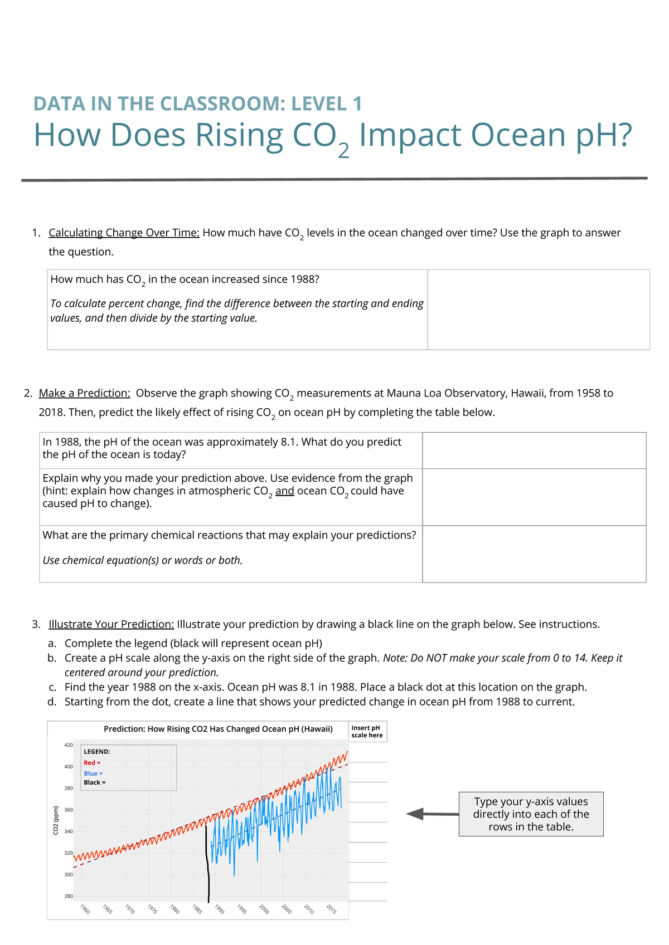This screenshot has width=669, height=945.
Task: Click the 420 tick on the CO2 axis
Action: (68, 745)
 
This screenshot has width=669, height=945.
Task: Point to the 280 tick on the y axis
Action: (68, 896)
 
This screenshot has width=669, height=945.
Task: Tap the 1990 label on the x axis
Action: (219, 909)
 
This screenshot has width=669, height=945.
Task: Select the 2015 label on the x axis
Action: (331, 909)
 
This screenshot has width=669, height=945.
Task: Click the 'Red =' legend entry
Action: (92, 763)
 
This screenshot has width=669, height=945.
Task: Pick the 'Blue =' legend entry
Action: (93, 773)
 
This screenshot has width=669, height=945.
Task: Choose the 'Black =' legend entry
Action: (95, 782)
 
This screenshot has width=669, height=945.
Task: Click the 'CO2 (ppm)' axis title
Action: (56, 820)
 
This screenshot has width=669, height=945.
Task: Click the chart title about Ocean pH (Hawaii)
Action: (218, 729)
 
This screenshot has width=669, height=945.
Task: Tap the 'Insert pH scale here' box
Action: (367, 732)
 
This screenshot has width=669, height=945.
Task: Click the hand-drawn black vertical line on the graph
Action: (207, 863)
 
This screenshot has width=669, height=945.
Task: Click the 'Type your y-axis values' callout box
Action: (531, 814)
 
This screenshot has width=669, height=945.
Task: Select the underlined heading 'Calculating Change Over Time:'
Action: (124, 233)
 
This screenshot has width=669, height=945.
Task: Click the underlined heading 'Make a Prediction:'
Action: (84, 393)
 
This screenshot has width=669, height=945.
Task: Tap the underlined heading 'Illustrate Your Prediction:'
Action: (111, 624)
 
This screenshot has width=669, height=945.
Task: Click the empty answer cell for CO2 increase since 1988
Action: (538, 310)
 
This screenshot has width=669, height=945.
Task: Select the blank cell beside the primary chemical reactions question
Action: (534, 554)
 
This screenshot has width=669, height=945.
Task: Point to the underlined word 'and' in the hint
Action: (284, 491)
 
